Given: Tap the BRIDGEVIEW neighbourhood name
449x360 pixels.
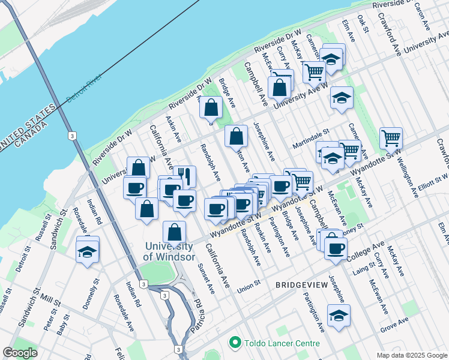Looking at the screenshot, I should click(301, 286).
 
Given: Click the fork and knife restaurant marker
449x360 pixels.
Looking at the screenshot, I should click(184, 176).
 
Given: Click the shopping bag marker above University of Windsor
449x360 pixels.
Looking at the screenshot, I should click(174, 232).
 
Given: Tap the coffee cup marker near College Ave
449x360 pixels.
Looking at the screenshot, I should click(336, 247).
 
